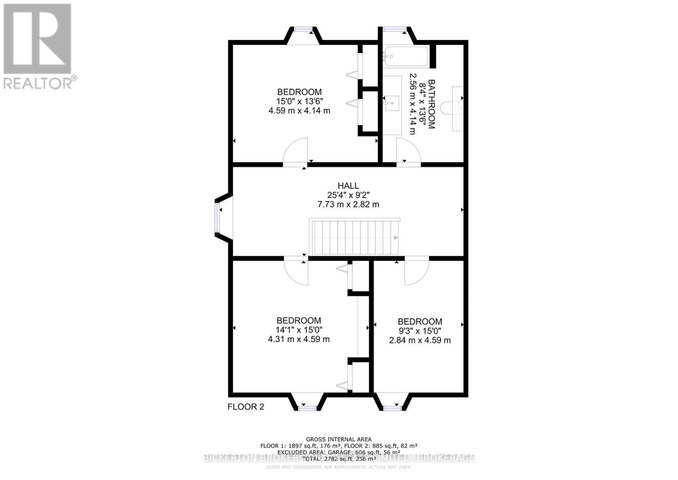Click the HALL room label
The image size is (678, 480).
[x=348, y=186]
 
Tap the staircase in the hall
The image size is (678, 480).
[x=355, y=237]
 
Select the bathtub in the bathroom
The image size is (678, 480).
[x=406, y=56]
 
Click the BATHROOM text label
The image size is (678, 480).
[x=431, y=104]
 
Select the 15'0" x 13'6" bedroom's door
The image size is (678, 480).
[x=295, y=152]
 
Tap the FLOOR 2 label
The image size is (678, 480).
[x=246, y=407]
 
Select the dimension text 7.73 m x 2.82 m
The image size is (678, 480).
[x=348, y=204]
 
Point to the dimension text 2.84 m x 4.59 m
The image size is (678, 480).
[x=420, y=340]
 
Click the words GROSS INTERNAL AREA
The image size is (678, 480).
[x=339, y=439]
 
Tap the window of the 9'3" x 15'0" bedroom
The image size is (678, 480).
[x=392, y=408]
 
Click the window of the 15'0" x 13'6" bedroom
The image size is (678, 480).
[x=303, y=29]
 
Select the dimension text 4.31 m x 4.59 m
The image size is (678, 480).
[x=299, y=339]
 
